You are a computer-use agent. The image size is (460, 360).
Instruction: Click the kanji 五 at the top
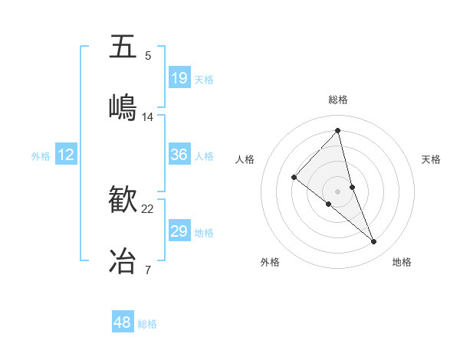click(123, 47)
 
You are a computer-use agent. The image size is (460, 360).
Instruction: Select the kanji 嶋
click(123, 106)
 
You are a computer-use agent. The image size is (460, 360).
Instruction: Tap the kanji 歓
click(123, 199)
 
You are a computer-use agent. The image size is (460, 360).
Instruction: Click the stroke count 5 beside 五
click(148, 56)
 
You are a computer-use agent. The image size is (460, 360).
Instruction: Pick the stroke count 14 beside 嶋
click(148, 116)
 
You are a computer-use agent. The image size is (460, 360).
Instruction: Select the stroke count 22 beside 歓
click(148, 209)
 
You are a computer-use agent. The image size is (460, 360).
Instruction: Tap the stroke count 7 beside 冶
click(148, 270)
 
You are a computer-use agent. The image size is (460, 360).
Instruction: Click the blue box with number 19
click(179, 78)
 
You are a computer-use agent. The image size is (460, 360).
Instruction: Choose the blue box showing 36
click(179, 155)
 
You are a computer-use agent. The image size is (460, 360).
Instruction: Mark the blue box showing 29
click(179, 231)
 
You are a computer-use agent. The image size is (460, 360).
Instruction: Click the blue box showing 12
click(66, 155)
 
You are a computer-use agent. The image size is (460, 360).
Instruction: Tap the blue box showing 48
click(123, 322)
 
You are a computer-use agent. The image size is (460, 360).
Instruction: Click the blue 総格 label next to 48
click(147, 324)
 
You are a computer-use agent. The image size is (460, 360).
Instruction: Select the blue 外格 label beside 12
click(41, 156)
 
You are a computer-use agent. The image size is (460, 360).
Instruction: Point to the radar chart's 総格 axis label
click(338, 100)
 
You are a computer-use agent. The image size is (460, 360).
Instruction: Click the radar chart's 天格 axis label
click(431, 159)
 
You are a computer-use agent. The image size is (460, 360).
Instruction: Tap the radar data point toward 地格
click(374, 242)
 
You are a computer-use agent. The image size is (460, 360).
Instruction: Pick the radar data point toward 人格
click(294, 178)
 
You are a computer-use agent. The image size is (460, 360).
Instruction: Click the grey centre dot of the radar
click(338, 191)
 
